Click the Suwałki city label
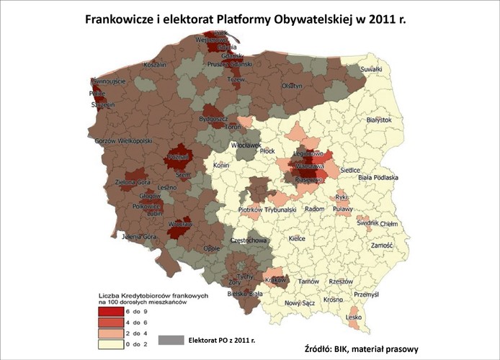click(x=370, y=69)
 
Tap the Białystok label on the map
click(x=378, y=119)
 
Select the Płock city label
click(x=268, y=151)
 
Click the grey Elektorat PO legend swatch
click(x=170, y=338)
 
